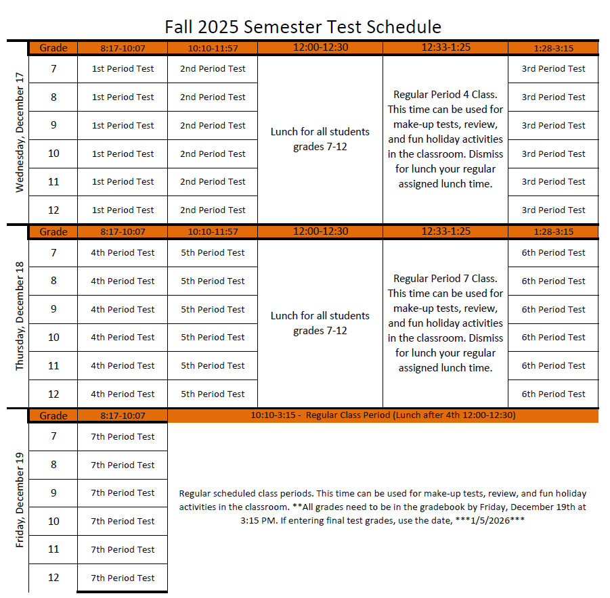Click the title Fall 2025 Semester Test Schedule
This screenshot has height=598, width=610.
tap(303, 26)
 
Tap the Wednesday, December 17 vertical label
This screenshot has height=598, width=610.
tap(19, 133)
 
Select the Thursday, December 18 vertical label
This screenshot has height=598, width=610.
tap(19, 316)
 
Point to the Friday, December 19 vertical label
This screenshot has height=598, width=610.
tap(19, 500)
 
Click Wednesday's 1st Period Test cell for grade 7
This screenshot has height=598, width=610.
tap(123, 69)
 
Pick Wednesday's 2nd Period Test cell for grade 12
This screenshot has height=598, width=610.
tap(213, 210)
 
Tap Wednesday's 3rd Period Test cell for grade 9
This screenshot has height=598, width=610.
tap(553, 125)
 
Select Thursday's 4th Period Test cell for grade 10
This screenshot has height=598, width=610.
tap(123, 338)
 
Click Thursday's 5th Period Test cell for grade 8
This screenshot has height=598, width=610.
tap(213, 281)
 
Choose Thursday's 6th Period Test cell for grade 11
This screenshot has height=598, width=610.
tap(553, 366)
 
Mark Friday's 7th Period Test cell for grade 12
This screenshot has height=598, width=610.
tap(123, 578)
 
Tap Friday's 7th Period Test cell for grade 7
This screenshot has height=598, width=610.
tap(123, 437)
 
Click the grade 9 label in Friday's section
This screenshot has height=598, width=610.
tap(53, 493)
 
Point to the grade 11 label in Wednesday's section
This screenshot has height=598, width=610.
tap(53, 182)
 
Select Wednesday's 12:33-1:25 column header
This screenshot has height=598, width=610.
tap(445, 47)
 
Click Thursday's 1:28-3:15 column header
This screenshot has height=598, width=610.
tap(553, 231)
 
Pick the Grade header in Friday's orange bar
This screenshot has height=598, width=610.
tap(53, 415)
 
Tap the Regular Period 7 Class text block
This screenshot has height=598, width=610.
tap(445, 323)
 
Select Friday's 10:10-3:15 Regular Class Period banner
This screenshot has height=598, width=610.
tap(383, 415)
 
